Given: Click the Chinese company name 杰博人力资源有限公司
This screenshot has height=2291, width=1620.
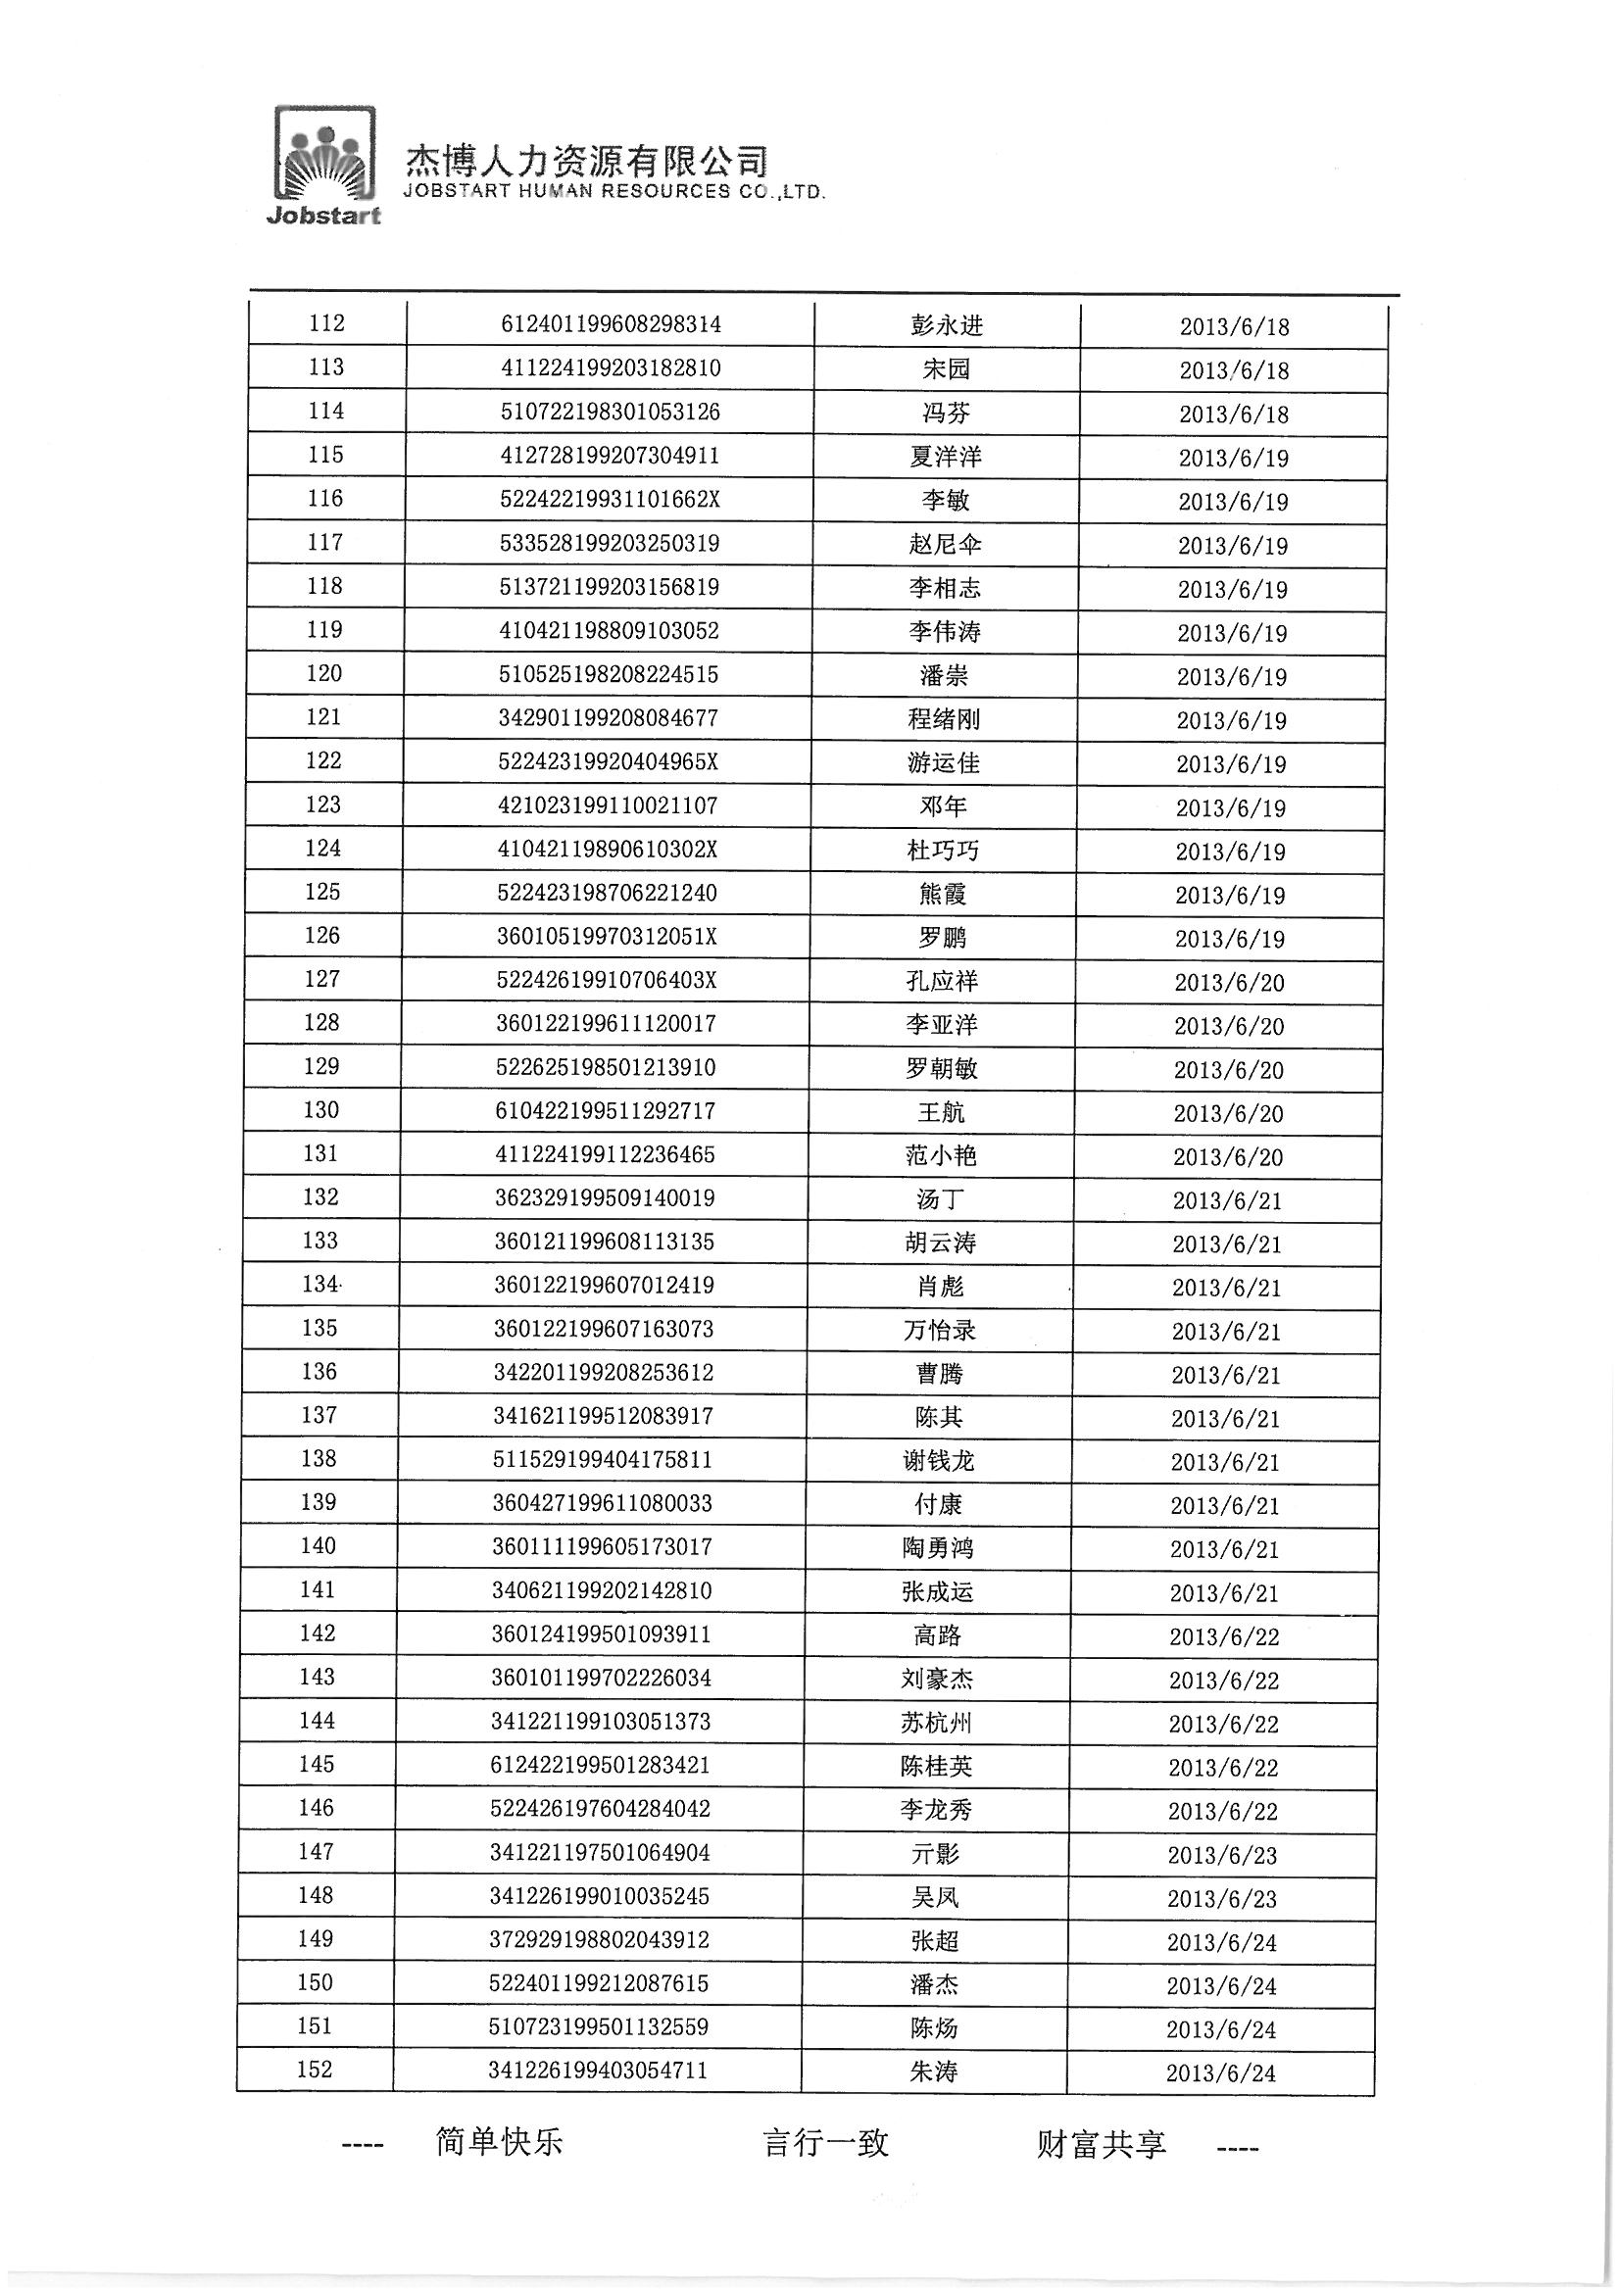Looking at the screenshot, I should click(x=587, y=160).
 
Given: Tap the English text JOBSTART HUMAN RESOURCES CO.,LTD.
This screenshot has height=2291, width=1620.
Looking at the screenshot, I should click(x=614, y=192).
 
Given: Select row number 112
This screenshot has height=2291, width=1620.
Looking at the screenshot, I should click(x=326, y=323).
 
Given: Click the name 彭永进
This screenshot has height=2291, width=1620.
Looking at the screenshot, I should click(x=947, y=325).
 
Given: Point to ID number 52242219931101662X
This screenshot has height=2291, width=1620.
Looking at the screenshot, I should click(x=609, y=499).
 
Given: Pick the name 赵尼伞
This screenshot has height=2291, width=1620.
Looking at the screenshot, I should click(x=944, y=544).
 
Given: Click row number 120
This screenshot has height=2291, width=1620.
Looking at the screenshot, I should click(x=324, y=673).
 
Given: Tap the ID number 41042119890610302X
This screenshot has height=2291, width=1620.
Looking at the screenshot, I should click(x=607, y=850).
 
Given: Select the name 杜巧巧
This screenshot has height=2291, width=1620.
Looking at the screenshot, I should click(x=943, y=851).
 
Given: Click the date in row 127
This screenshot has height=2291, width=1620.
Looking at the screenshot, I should click(x=1229, y=983).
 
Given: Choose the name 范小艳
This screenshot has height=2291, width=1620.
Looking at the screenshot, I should click(x=940, y=1155).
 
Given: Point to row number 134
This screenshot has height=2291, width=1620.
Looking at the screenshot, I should click(x=320, y=1285).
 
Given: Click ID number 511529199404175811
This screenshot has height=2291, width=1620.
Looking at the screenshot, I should click(x=603, y=1460).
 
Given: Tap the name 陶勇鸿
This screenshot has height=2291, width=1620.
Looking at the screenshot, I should click(x=937, y=1547).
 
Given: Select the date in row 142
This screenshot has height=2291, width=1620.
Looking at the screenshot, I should click(x=1224, y=1637).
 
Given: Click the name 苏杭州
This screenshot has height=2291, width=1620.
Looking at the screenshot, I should click(x=936, y=1723).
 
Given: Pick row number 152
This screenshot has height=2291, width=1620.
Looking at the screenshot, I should click(x=315, y=2069).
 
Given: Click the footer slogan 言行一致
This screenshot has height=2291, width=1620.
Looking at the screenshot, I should click(x=824, y=2142).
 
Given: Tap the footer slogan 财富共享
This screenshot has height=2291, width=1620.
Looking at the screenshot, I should click(x=1101, y=2143).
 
